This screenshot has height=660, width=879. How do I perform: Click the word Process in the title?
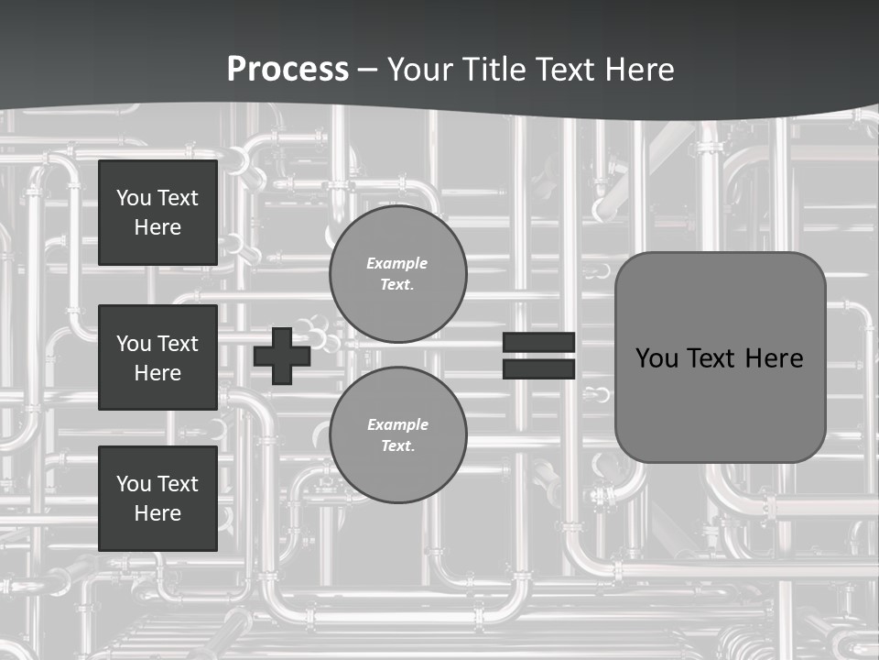[x=288, y=69]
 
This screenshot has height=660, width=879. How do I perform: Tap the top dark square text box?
[x=157, y=213]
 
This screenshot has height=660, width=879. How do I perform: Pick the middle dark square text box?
[x=157, y=357]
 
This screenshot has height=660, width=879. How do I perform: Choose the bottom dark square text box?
[x=157, y=499]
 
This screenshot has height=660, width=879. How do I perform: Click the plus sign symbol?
[x=281, y=355]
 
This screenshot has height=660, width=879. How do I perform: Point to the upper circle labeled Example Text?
[x=397, y=273]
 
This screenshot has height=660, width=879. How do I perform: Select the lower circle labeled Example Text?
[x=397, y=434]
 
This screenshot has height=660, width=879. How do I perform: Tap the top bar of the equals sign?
[x=538, y=343]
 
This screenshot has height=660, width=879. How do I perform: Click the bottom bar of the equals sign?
[x=538, y=368]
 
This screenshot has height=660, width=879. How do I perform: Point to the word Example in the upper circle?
[x=397, y=263]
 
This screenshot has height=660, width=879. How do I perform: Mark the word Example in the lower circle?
[x=397, y=424]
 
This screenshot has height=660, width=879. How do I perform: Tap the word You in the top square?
[x=134, y=198]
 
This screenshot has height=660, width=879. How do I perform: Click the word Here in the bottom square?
[x=157, y=513]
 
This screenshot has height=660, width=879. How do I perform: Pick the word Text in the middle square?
[x=177, y=344]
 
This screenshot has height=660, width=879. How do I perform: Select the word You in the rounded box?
[x=657, y=358]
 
